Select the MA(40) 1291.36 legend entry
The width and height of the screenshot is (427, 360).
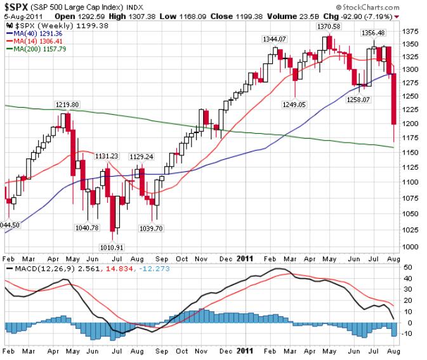pos(33,32)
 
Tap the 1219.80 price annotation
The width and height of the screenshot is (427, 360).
pos(66,105)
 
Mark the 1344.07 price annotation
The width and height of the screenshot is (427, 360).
pos(275,39)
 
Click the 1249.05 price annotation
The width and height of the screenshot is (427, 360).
pos(294,104)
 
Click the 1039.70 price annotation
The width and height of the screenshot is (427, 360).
pos(151,228)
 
